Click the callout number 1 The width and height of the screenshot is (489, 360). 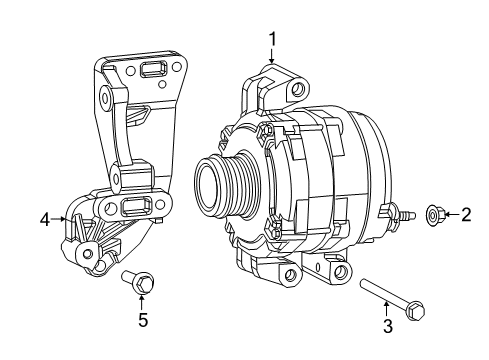pos(271,39)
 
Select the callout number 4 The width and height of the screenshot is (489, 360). pos(44,217)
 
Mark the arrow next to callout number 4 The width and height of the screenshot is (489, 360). pos(58,217)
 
